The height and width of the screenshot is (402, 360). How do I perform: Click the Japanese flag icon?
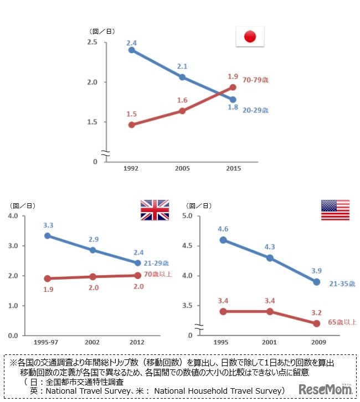pyautogui.click(x=250, y=37)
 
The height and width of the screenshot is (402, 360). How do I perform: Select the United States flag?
pyautogui.click(x=335, y=210)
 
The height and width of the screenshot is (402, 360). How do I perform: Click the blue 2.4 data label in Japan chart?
pyautogui.click(x=131, y=42)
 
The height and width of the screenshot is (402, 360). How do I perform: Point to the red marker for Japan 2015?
pyautogui.click(x=233, y=87)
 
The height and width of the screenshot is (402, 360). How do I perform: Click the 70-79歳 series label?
pyautogui.click(x=255, y=80)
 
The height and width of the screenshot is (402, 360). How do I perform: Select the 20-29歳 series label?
pyautogui.click(x=255, y=110)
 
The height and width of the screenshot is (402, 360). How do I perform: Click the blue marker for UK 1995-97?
pyautogui.click(x=48, y=235)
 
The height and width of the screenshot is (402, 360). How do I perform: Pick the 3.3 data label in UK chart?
pyautogui.click(x=48, y=225)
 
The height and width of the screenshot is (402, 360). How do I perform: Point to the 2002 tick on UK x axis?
pyautogui.click(x=92, y=342)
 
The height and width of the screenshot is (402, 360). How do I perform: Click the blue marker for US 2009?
pyautogui.click(x=317, y=282)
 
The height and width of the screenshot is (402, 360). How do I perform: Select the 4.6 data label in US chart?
pyautogui.click(x=223, y=228)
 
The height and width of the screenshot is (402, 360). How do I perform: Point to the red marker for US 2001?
pyautogui.click(x=270, y=311)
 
